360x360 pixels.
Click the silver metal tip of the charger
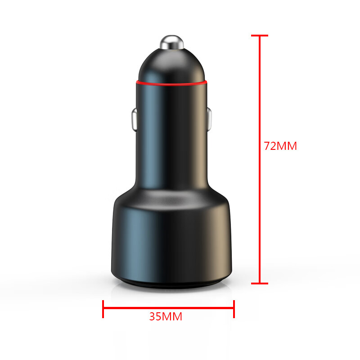(172, 42)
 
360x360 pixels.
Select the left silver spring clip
(134, 120)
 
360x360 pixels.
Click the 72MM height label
(280, 146)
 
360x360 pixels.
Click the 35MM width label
(166, 316)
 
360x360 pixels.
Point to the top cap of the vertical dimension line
(260, 36)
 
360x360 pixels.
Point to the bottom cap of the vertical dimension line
(260, 283)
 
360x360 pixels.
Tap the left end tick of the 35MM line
(103, 309)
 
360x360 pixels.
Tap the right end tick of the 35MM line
(234, 309)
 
